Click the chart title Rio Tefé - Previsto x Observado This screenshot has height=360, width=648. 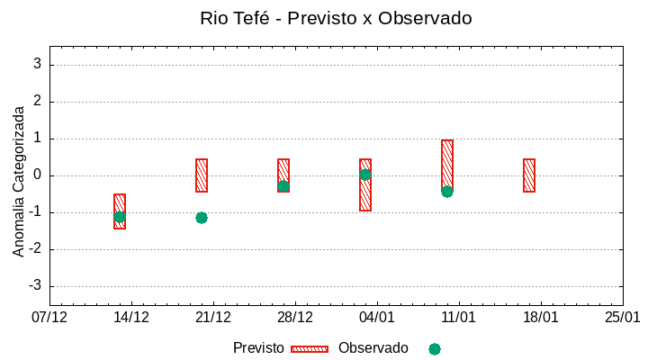[x=336, y=18]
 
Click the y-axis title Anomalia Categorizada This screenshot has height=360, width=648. [x=19, y=181]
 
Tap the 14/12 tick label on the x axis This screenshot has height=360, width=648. [x=131, y=318]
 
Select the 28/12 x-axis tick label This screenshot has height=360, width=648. [x=295, y=318]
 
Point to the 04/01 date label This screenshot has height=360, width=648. [x=377, y=318]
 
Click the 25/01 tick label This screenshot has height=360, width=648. [x=622, y=318]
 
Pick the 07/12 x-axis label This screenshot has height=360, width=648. [x=49, y=318]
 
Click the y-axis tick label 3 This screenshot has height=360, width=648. [x=38, y=65]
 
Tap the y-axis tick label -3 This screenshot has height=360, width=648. [x=35, y=286]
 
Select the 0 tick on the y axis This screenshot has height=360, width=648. [x=38, y=175]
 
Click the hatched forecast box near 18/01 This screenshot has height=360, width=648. [x=529, y=175]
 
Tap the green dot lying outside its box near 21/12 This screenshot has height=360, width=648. [x=202, y=218]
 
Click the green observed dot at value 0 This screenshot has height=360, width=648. [x=365, y=175]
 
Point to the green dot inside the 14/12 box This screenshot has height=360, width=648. [x=120, y=216]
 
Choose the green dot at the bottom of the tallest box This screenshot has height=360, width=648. [x=447, y=191]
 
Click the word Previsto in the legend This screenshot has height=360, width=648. [x=258, y=348]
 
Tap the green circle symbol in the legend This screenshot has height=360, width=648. [x=435, y=349]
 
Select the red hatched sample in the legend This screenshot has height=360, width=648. [x=310, y=349]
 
